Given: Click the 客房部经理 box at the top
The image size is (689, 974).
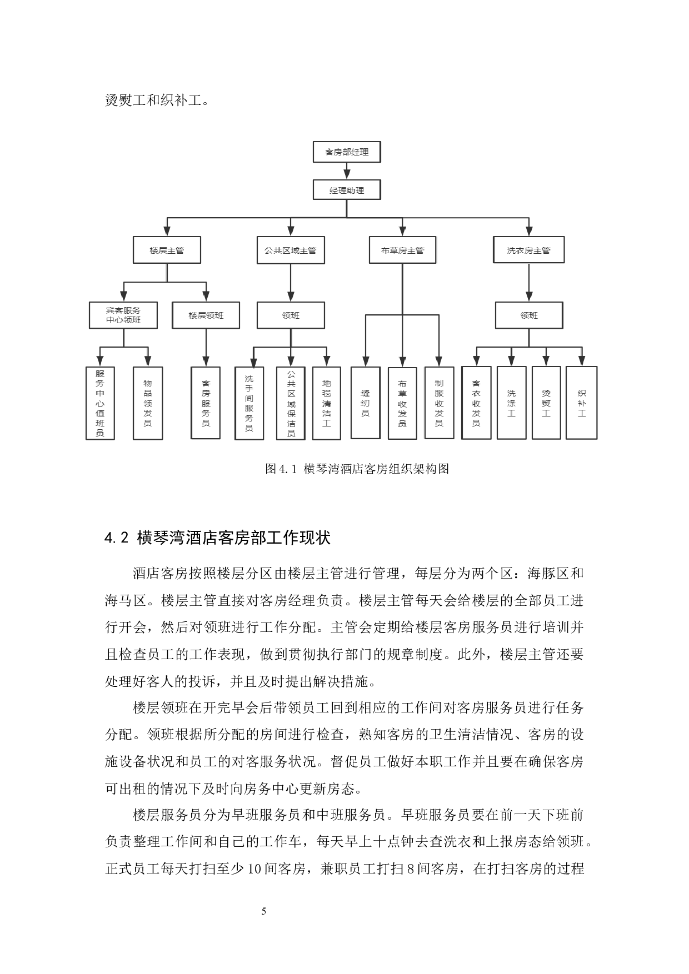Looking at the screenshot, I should click(347, 152).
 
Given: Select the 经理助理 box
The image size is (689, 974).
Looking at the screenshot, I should click(347, 190).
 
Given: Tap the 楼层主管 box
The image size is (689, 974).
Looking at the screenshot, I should click(167, 250).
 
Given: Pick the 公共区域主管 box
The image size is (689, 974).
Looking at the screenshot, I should click(291, 250).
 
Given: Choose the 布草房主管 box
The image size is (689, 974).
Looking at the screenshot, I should click(402, 250).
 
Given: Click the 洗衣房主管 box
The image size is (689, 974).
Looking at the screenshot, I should click(528, 250).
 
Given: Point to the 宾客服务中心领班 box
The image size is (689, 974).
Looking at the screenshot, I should click(123, 315).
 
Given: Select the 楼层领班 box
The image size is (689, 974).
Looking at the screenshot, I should click(206, 315).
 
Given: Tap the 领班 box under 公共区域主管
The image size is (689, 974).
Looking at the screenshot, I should click(291, 315).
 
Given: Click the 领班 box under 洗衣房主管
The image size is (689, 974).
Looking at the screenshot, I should click(529, 315).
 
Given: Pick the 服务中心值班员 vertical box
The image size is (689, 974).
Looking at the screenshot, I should click(100, 403).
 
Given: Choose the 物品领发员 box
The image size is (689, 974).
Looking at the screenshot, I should click(148, 403).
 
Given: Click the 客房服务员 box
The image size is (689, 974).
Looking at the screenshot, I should click(206, 403).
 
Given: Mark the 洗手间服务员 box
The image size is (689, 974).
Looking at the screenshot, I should click(249, 403).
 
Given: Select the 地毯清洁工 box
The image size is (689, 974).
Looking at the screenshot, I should click(327, 403).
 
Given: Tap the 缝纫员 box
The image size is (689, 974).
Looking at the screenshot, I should click(365, 403).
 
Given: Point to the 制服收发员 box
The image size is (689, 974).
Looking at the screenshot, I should click(439, 403).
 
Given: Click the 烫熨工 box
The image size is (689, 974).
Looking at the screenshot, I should click(546, 403).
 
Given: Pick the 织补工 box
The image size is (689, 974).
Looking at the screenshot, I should click(582, 403).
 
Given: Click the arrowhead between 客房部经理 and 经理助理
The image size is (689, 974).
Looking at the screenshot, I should click(347, 174).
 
